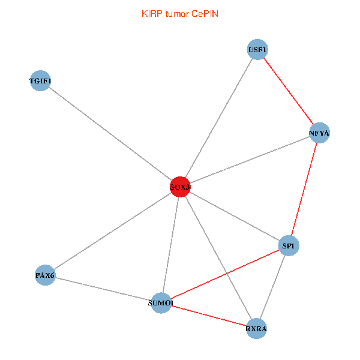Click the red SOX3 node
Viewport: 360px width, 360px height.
click(x=180, y=187)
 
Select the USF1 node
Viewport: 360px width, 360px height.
click(x=257, y=49)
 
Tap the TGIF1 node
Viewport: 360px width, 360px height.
click(x=40, y=80)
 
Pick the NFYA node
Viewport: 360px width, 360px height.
click(x=319, y=133)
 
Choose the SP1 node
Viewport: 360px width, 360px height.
click(x=289, y=245)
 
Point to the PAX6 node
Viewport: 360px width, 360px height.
click(x=45, y=275)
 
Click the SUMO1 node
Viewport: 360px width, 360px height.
click(x=161, y=303)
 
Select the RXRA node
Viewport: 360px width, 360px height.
click(x=256, y=329)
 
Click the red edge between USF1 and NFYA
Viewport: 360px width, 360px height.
click(x=289, y=91)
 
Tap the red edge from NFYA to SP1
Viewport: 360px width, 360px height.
click(x=304, y=189)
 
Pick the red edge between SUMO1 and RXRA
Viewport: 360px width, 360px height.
click(x=209, y=316)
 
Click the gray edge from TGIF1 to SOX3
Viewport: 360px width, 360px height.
click(x=110, y=134)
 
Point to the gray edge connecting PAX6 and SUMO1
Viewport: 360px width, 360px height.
click(x=103, y=289)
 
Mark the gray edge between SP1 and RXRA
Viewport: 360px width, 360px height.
click(x=272, y=287)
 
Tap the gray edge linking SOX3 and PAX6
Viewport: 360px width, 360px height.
click(x=113, y=231)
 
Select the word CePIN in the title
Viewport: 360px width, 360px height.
click(x=205, y=14)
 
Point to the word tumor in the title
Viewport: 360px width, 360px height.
click(x=177, y=14)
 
